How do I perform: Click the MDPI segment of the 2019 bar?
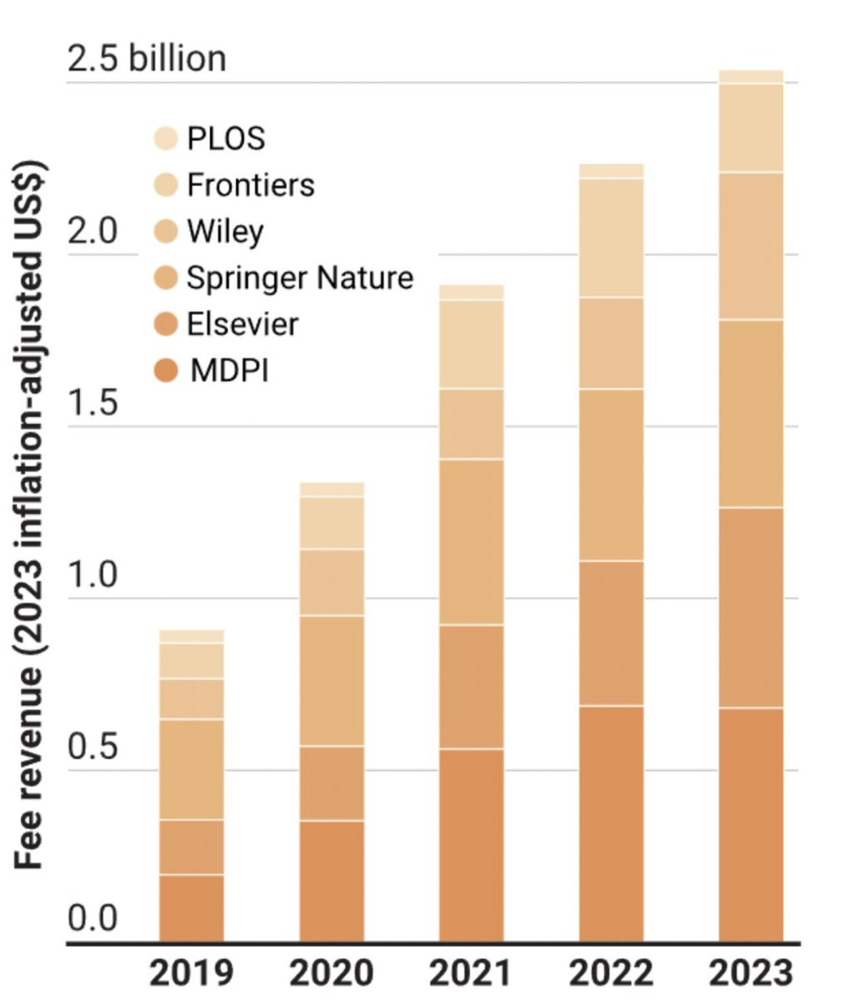[191, 908]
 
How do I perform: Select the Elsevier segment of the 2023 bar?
[751, 607]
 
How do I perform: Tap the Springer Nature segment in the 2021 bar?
[471, 541]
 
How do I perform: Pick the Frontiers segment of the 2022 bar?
[611, 238]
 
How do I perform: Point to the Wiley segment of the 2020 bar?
[332, 582]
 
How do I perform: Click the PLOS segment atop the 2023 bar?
[751, 77]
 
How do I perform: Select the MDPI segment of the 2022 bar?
[611, 824]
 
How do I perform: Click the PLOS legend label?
[225, 138]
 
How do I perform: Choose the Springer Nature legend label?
[299, 278]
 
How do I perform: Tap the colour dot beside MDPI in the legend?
[167, 370]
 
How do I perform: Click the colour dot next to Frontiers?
[167, 185]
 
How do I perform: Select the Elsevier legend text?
[242, 324]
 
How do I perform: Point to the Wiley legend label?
[224, 231]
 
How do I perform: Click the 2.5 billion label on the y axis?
[146, 60]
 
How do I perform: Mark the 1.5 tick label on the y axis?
[92, 405]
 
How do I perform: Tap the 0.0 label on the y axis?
[92, 919]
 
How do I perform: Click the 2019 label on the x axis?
[191, 973]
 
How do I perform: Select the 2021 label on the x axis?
[471, 973]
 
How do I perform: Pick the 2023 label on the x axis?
[751, 973]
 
